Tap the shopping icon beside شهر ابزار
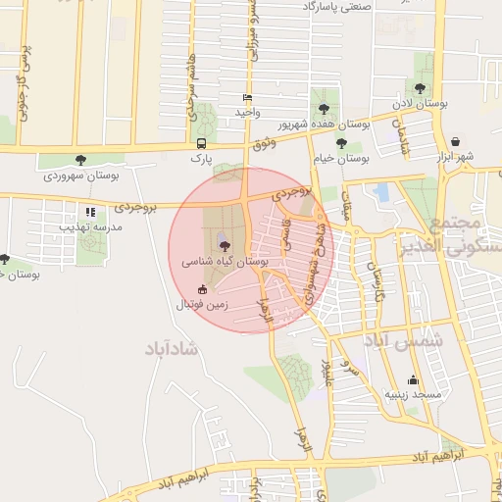click(x=457, y=142)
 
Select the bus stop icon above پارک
click(x=201, y=142)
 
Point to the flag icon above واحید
click(x=247, y=98)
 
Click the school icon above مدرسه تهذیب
click(x=90, y=212)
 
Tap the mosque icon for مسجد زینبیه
click(x=413, y=380)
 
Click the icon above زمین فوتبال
click(x=203, y=289)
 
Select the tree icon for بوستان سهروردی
click(x=80, y=159)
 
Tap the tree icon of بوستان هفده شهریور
click(x=324, y=109)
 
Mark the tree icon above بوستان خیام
click(x=341, y=143)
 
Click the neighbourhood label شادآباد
click(x=172, y=348)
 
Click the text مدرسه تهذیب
click(x=91, y=226)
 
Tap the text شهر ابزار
click(x=457, y=157)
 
